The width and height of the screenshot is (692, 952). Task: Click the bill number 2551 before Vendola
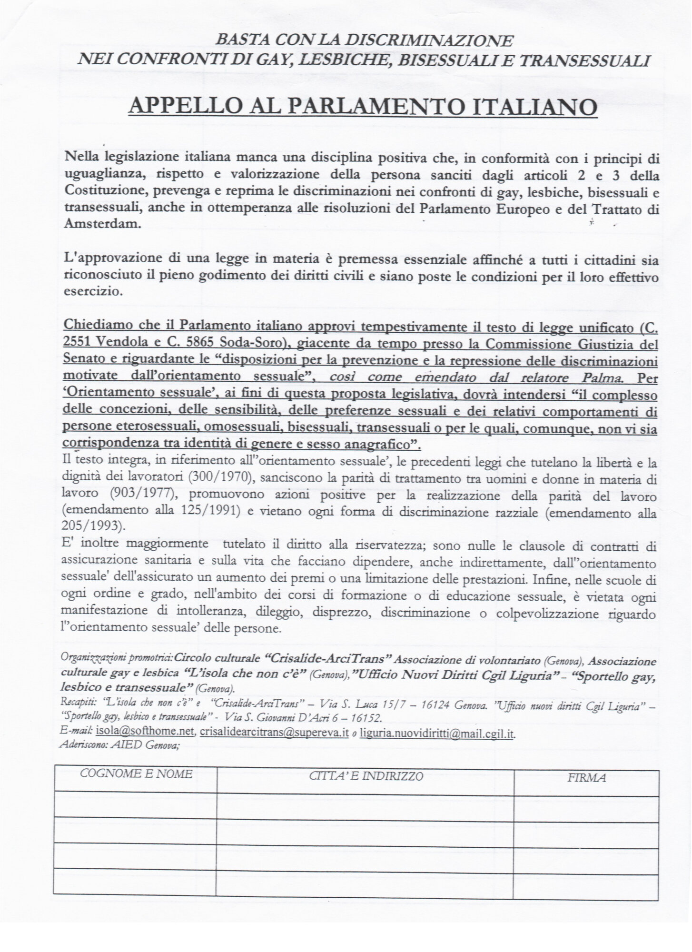(77, 345)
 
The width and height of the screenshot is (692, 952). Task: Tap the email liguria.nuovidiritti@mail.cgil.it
(437, 734)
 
